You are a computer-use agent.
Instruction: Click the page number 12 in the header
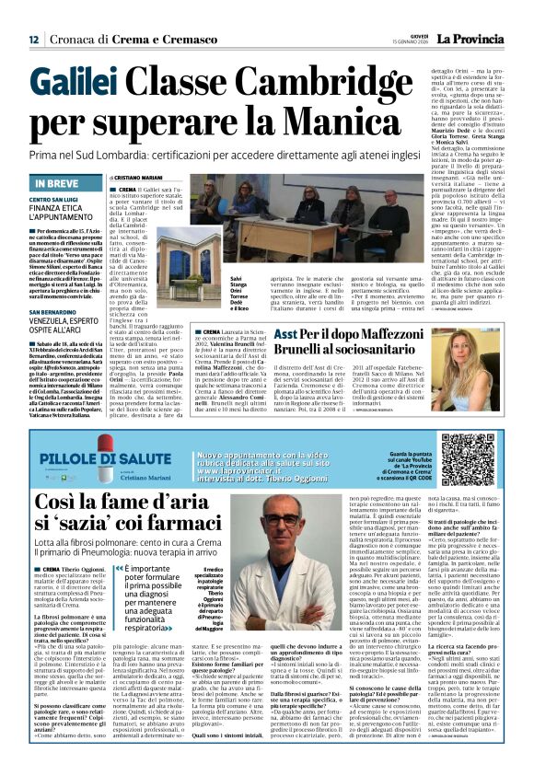pos(33,40)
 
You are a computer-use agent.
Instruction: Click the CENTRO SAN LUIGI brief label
pos(53,199)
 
